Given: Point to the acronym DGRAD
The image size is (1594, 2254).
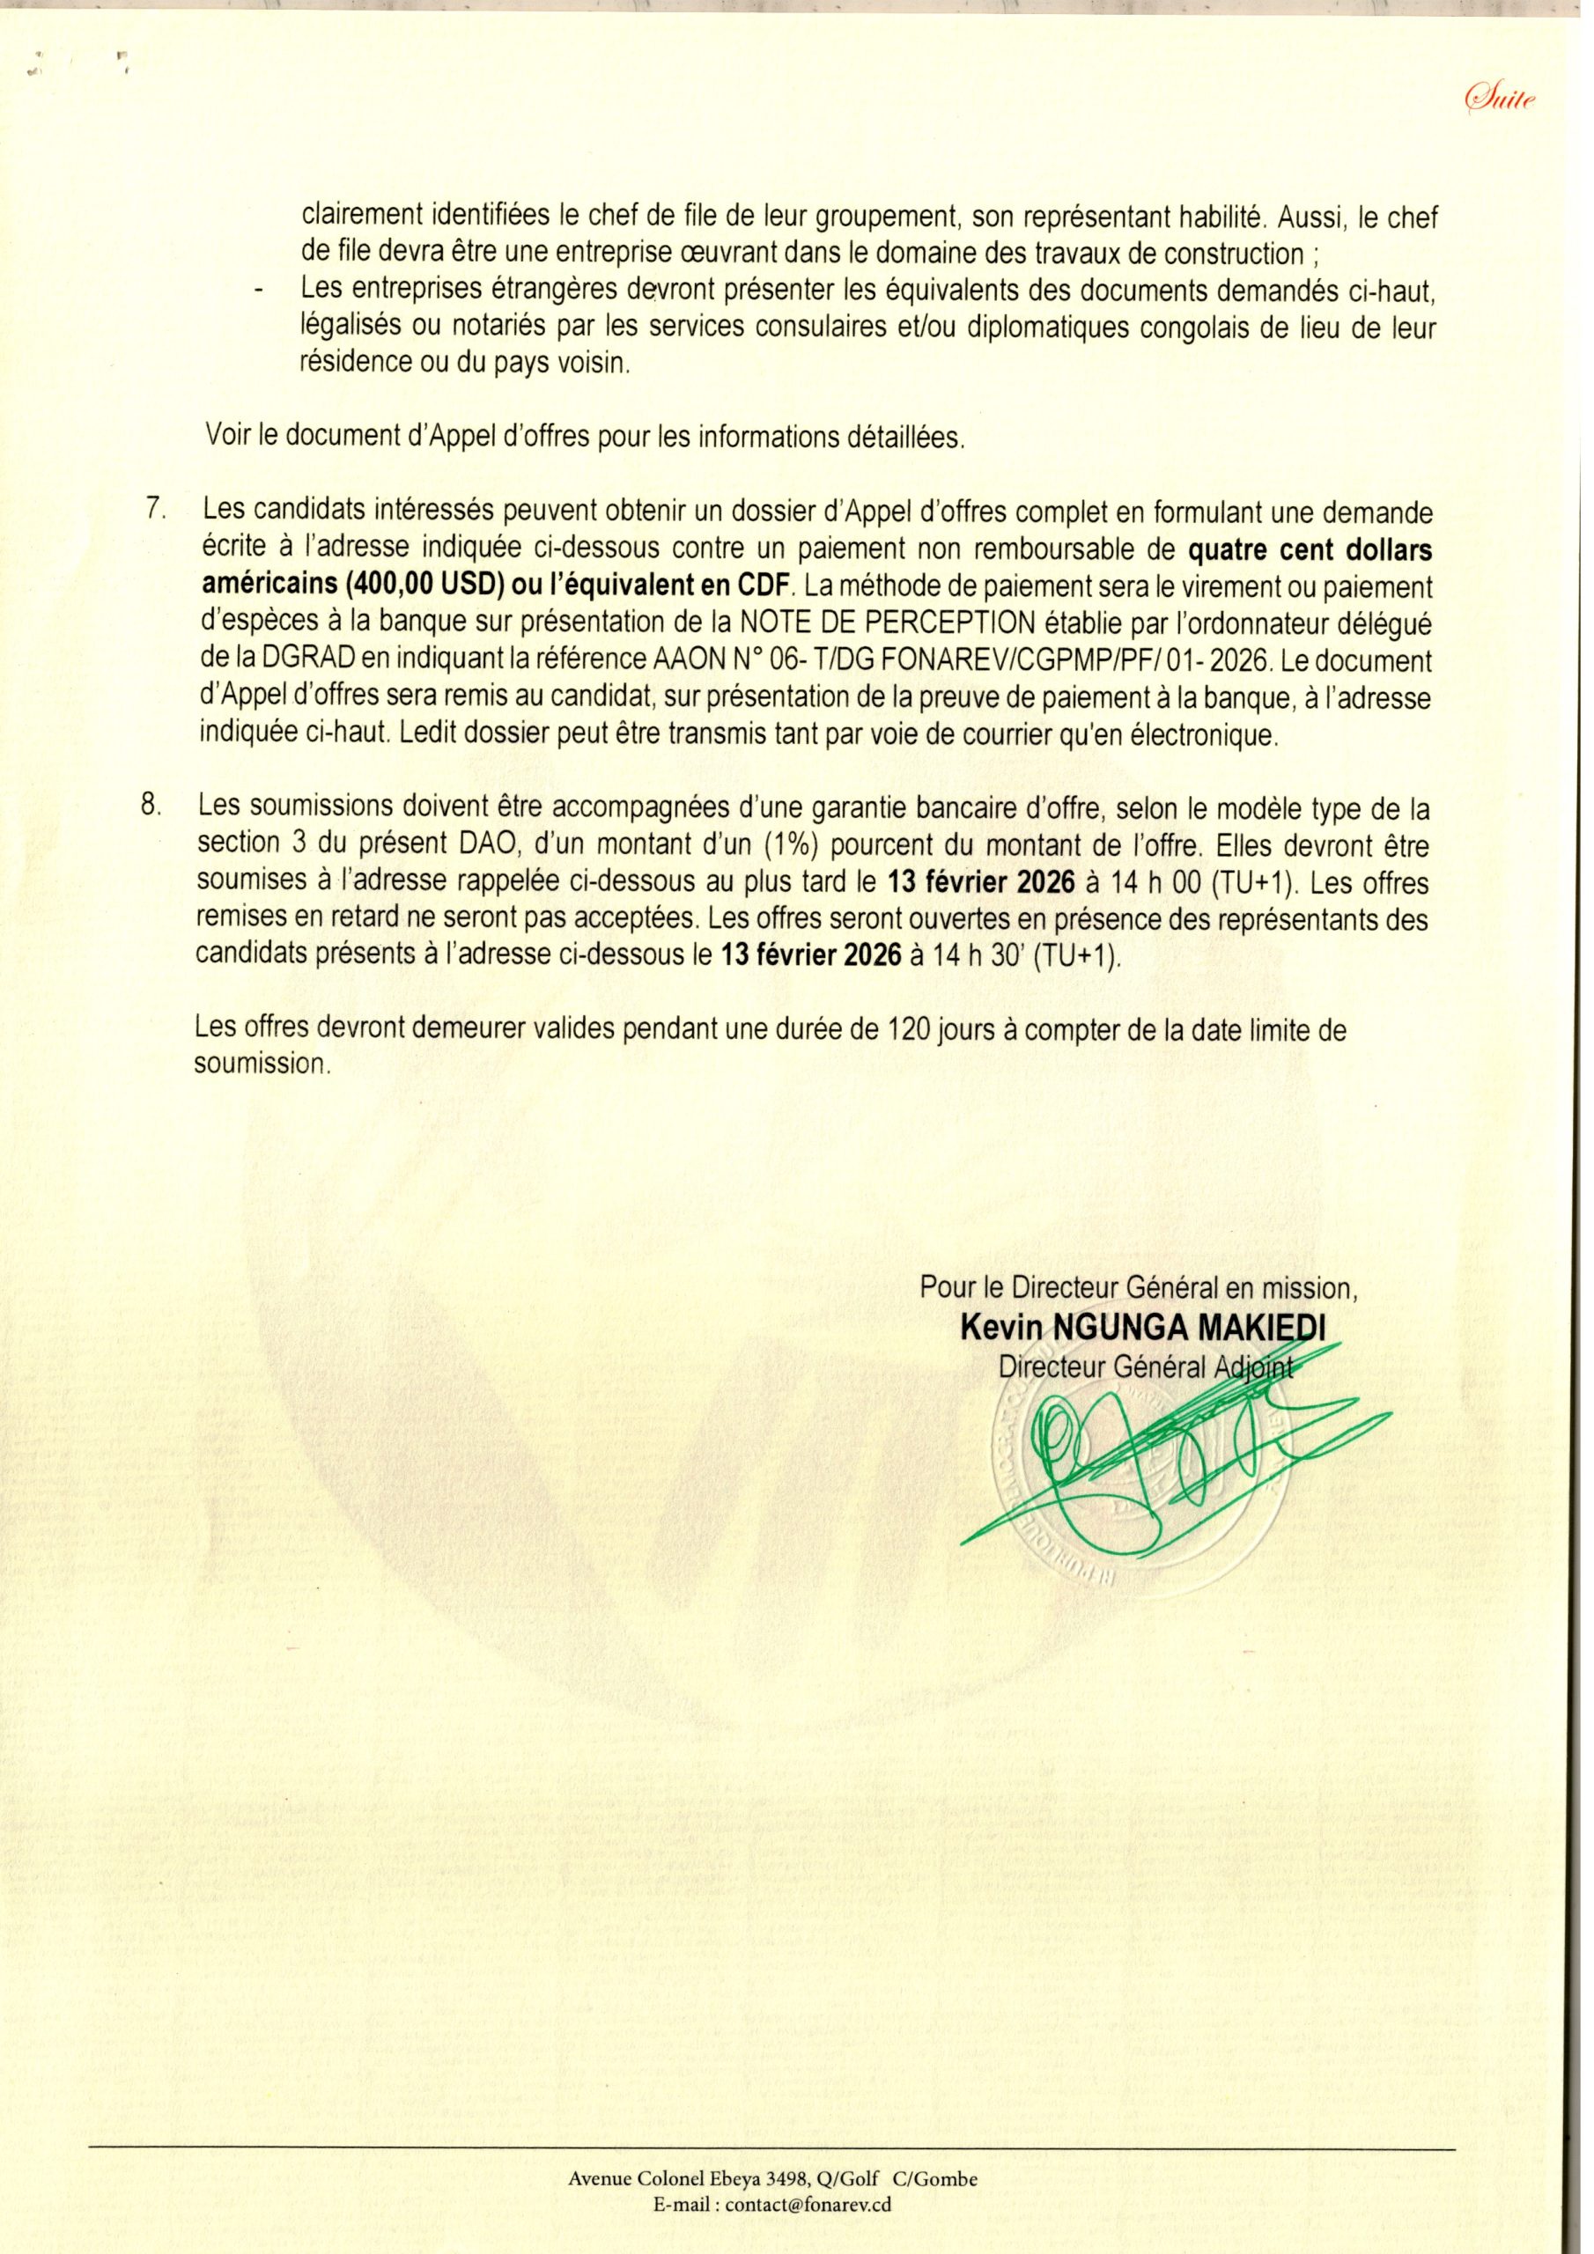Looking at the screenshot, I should coord(293,659).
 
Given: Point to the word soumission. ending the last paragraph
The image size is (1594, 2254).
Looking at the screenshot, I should coord(261,1065).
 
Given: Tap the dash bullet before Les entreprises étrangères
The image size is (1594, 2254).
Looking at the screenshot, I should coord(261,291).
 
